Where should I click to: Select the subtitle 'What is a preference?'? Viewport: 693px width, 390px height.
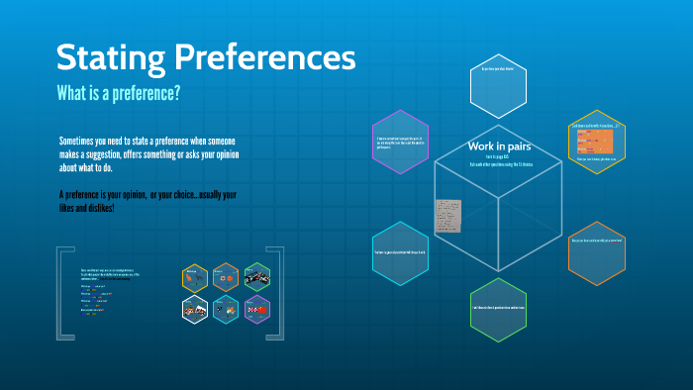point(118,93)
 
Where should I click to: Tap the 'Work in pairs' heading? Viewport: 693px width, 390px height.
point(501,146)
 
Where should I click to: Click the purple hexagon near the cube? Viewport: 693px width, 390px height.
point(400,142)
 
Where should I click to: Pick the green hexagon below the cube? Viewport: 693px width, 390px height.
point(499,310)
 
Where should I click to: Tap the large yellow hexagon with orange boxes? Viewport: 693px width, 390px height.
point(597,142)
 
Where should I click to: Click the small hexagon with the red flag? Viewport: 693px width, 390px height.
point(257,309)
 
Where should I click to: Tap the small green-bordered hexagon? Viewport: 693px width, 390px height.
point(257,275)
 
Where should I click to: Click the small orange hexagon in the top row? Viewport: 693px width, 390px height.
point(227,275)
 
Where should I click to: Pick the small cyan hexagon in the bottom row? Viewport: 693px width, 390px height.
point(227,309)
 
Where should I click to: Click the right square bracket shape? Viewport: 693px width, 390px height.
point(279,294)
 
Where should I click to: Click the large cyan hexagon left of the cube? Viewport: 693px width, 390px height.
point(400,254)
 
